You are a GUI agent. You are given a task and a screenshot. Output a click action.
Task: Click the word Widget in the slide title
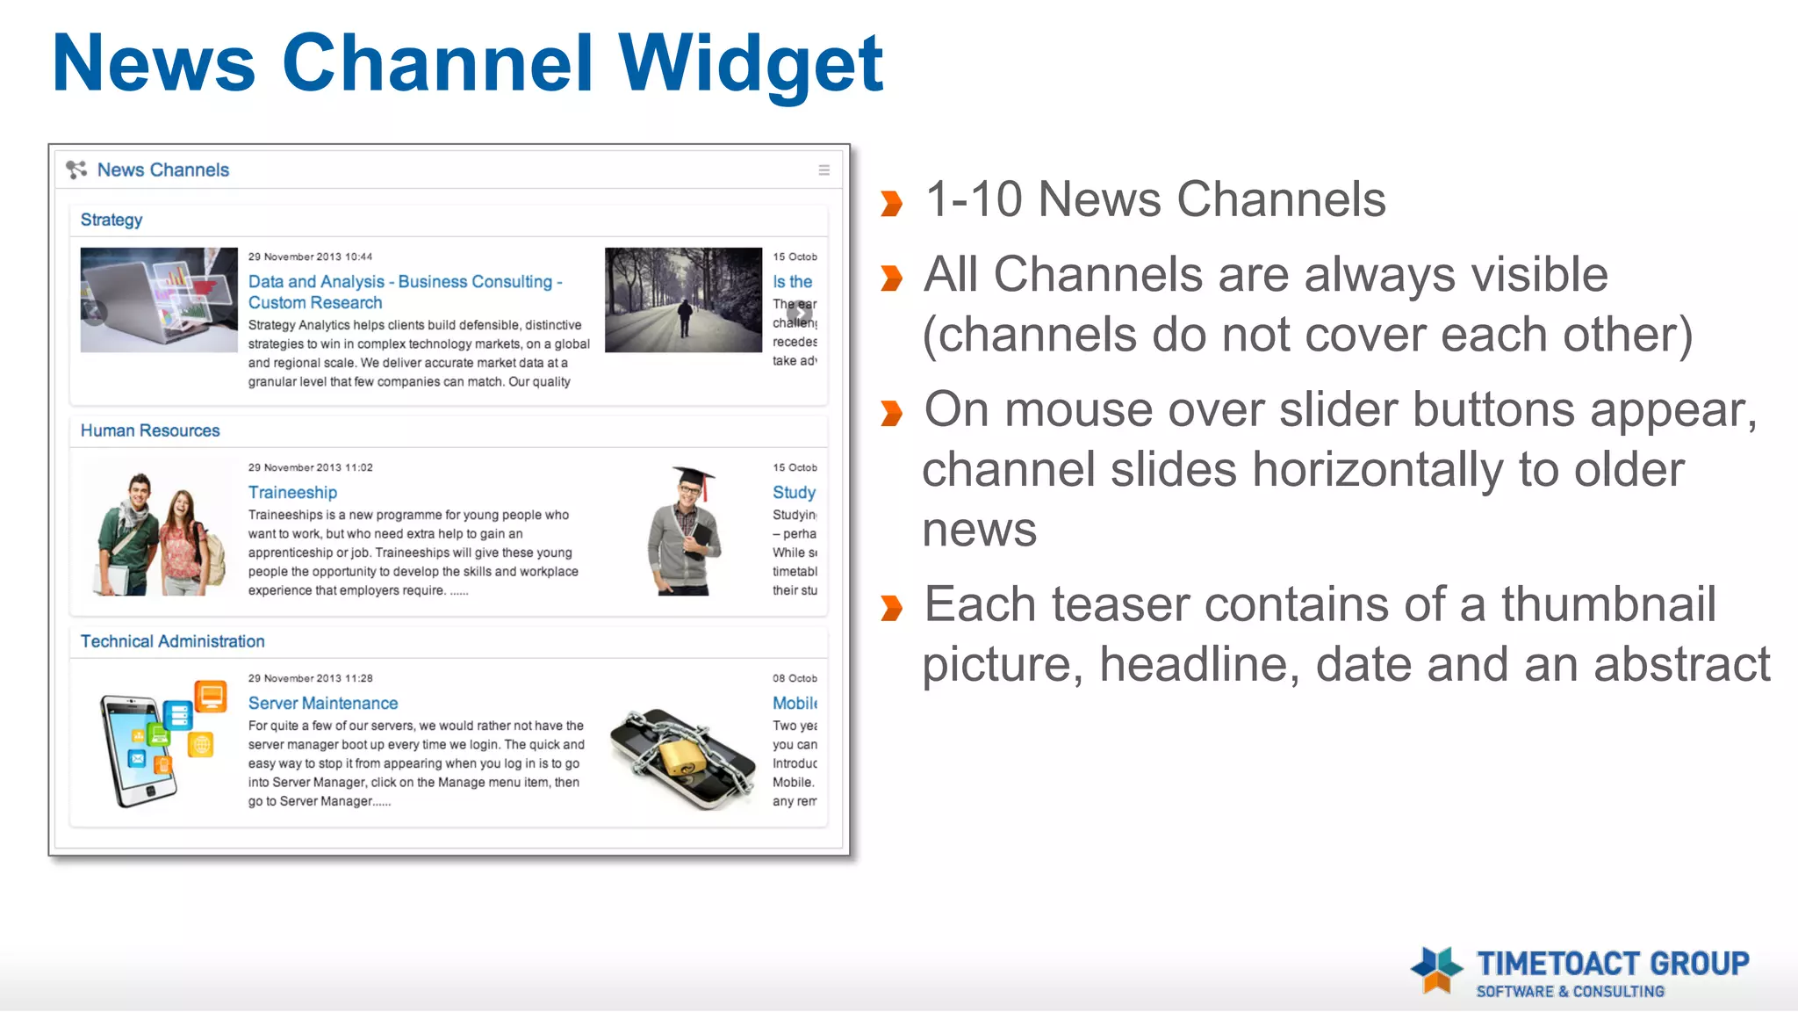click(x=751, y=63)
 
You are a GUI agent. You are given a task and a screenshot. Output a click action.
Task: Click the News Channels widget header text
click(x=163, y=170)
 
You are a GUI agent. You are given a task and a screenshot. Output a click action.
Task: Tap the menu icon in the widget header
click(x=823, y=170)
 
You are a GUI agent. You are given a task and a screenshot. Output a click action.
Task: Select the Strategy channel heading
click(x=111, y=220)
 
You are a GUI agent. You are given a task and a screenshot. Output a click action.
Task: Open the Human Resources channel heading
click(x=150, y=430)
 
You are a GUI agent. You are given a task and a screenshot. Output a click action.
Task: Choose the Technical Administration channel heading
click(x=173, y=641)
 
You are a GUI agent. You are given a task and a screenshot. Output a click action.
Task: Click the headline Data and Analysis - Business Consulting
click(x=405, y=282)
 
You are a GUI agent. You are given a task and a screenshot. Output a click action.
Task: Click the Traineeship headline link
click(x=292, y=493)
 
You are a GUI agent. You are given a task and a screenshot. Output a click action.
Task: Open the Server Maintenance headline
click(x=323, y=704)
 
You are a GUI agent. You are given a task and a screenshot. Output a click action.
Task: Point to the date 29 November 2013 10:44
click(x=310, y=257)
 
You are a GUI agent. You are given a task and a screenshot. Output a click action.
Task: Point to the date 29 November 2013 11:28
click(x=310, y=678)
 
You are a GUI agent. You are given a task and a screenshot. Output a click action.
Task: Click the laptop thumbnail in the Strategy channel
click(x=159, y=300)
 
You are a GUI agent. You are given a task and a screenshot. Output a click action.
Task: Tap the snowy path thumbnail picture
click(x=683, y=300)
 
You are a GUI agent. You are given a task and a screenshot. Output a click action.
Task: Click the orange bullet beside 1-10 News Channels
click(x=891, y=203)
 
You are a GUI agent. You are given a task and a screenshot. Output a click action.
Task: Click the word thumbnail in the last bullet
click(x=1607, y=604)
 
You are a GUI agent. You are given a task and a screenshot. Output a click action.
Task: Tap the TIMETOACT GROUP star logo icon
click(x=1436, y=969)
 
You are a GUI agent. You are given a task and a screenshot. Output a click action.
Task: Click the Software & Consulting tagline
click(x=1570, y=992)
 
